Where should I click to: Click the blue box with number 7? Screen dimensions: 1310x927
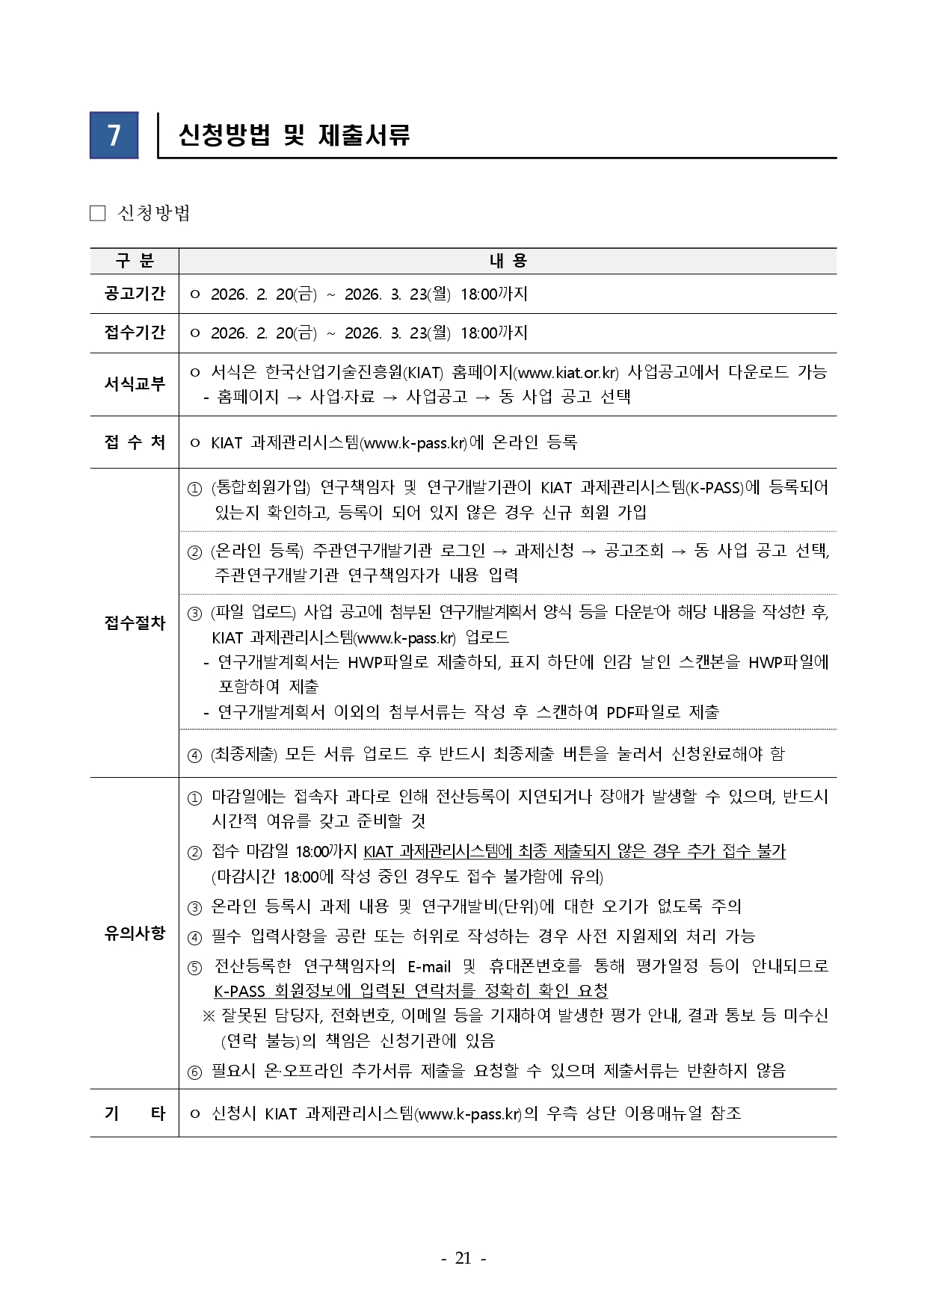(114, 135)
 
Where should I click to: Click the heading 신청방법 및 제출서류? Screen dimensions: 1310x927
(294, 135)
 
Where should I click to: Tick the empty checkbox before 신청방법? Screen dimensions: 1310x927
(97, 214)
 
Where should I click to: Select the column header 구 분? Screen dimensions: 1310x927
(134, 261)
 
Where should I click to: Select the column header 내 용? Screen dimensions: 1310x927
(508, 261)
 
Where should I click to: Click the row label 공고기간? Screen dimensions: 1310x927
(135, 294)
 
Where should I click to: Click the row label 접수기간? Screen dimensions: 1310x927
(135, 333)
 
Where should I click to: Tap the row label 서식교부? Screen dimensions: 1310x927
(135, 384)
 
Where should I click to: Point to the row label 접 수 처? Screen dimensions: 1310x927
(135, 442)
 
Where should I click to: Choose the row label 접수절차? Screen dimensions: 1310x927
(135, 623)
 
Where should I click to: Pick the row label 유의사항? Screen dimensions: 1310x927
(135, 933)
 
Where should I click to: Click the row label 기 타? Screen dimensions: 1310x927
(135, 1113)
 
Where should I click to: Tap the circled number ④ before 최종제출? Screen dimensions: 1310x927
(194, 755)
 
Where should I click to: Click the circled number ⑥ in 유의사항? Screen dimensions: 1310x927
(194, 1072)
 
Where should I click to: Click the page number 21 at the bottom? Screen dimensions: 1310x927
(463, 1258)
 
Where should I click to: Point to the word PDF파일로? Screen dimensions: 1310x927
(643, 712)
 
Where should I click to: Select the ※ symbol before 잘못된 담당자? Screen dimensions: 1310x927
(209, 1016)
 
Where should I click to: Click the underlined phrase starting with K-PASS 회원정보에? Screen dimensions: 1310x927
(410, 991)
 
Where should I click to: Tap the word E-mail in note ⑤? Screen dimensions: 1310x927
(429, 966)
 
